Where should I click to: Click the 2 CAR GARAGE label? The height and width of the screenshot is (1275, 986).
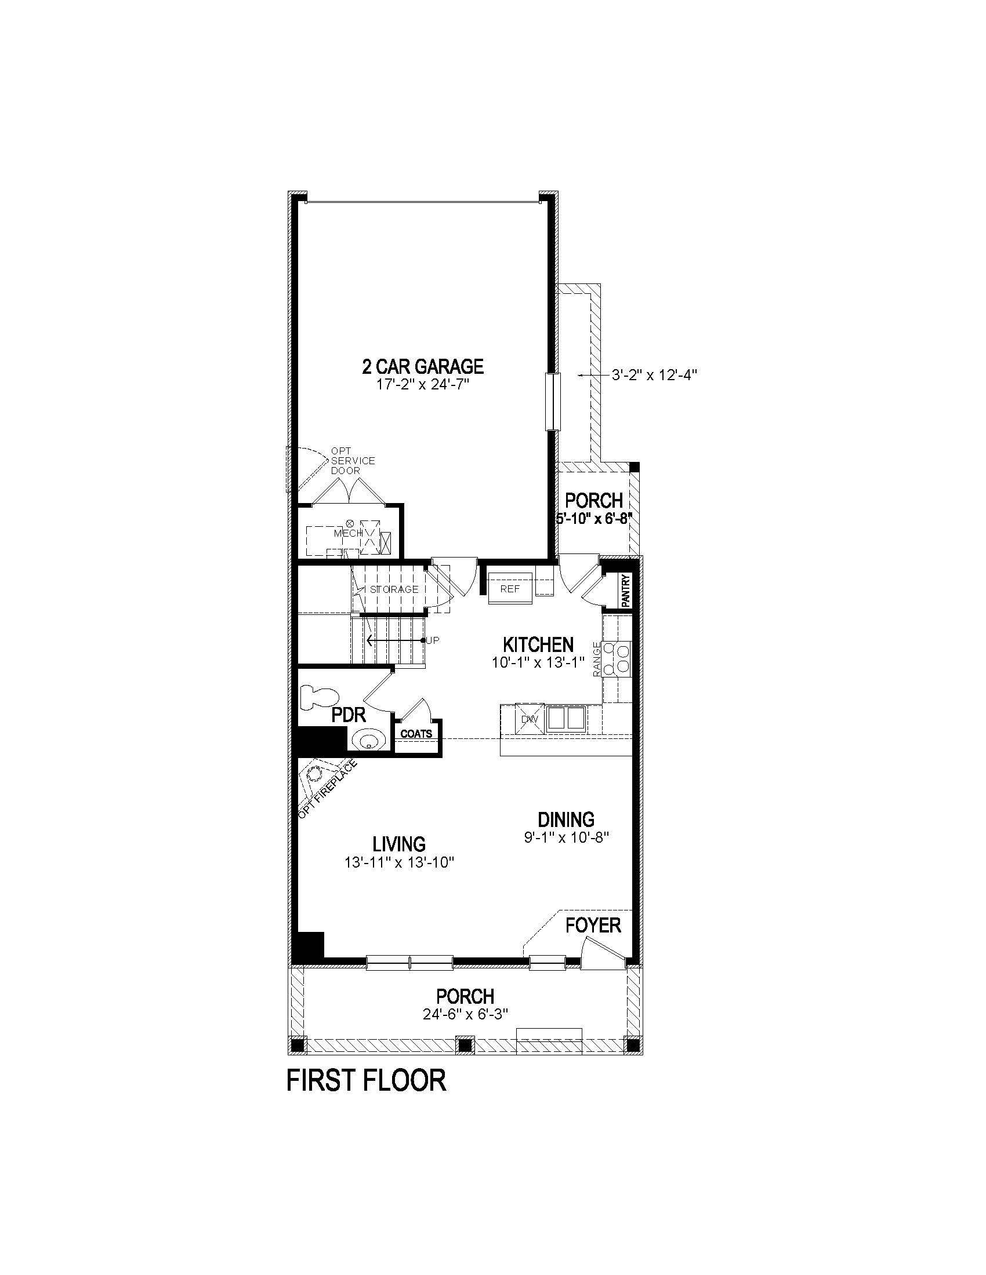click(x=423, y=366)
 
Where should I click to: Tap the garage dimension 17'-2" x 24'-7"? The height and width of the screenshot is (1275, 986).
click(x=423, y=385)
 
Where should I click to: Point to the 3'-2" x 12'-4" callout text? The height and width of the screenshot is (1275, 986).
click(x=655, y=375)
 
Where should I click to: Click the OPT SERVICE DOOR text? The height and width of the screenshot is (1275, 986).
click(x=353, y=461)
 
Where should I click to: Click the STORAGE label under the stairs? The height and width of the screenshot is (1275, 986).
click(x=394, y=589)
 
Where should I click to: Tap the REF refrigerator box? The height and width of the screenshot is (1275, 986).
click(x=510, y=589)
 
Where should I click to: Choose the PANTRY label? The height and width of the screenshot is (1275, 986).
click(x=626, y=591)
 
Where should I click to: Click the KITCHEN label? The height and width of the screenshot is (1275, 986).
click(x=538, y=644)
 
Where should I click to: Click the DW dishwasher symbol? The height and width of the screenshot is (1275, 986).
click(x=529, y=719)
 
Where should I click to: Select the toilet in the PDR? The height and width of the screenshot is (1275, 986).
click(x=318, y=696)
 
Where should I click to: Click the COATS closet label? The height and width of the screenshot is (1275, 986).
click(x=416, y=734)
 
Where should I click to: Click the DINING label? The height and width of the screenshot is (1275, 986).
click(x=566, y=819)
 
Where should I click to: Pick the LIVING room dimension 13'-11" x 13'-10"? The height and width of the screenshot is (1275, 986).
click(x=400, y=862)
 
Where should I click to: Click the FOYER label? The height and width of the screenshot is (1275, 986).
click(x=593, y=925)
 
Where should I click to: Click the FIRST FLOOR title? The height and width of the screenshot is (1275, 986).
click(x=366, y=1080)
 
